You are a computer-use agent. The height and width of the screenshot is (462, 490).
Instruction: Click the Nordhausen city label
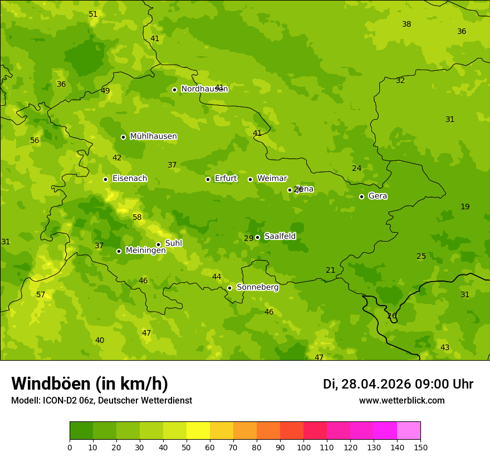[204, 89]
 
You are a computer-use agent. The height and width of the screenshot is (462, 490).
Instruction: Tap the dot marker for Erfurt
[208, 179]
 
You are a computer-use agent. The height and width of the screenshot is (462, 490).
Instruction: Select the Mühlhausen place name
[153, 136]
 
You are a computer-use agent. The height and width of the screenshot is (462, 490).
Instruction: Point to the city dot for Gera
[361, 196]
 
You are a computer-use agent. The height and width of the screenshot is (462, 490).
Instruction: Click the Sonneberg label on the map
[257, 287]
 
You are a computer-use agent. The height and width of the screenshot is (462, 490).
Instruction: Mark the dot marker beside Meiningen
[119, 251]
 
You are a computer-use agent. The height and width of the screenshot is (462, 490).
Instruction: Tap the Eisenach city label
[130, 179]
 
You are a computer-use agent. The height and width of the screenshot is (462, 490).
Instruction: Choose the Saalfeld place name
[280, 237]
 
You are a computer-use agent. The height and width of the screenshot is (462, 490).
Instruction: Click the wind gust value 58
[137, 218]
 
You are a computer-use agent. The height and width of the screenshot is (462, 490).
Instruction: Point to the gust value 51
[93, 14]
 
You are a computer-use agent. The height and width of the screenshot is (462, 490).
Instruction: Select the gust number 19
[465, 207]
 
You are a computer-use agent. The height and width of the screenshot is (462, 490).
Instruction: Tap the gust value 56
[35, 141]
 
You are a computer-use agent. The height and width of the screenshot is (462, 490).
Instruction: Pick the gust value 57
[41, 295]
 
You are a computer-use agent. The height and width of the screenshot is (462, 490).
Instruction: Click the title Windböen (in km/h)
[90, 384]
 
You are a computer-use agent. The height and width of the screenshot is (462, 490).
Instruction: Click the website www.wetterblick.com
[401, 401]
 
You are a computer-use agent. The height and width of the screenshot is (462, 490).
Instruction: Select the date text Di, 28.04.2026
[367, 384]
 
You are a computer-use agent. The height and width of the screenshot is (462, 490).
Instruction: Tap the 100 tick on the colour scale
[303, 447]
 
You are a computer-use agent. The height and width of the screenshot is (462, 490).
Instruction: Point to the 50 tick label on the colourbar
[187, 447]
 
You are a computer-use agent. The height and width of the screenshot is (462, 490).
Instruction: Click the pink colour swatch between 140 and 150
[408, 430]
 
